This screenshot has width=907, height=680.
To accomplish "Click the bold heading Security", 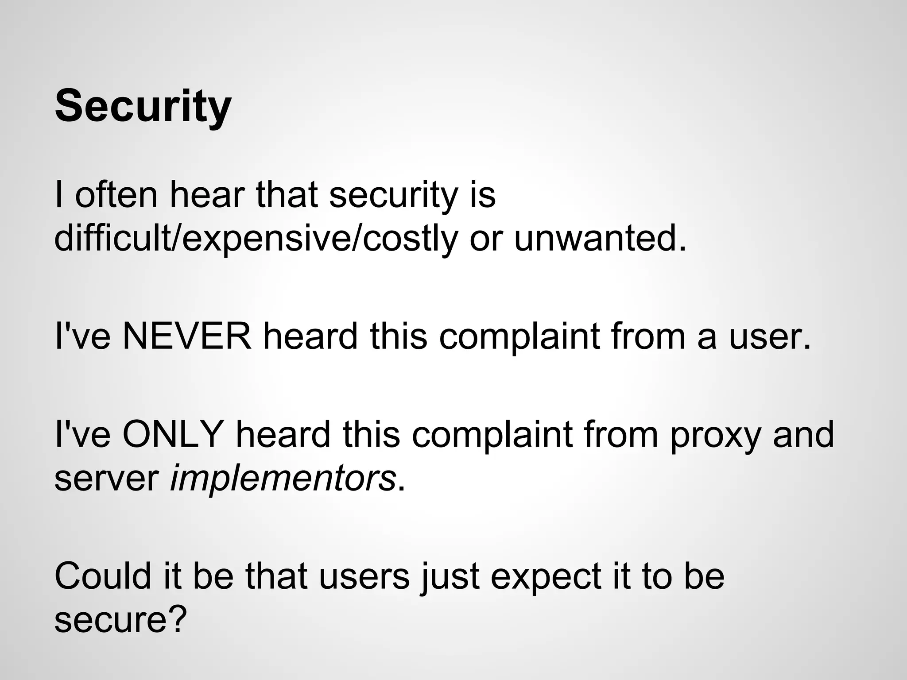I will [x=143, y=106].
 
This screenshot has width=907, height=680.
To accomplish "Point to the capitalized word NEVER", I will [x=187, y=336].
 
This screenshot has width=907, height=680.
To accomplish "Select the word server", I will [x=106, y=479].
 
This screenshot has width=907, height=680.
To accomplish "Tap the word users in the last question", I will [x=364, y=576].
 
